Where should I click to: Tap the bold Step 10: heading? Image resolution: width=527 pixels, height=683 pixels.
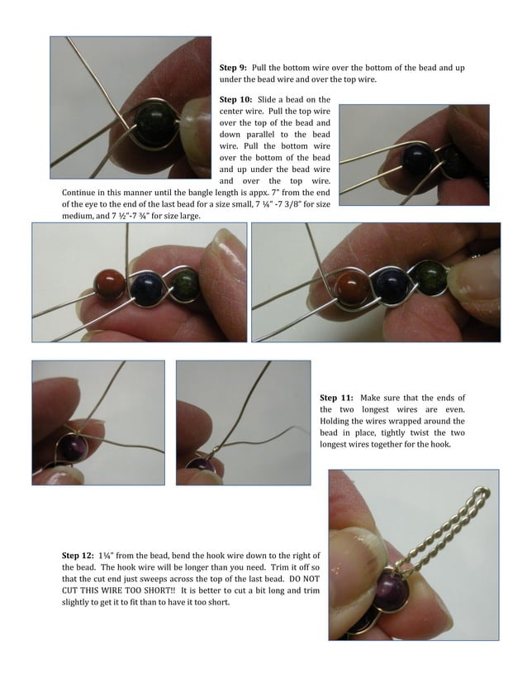point(237,99)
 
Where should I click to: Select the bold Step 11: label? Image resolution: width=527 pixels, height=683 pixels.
point(337,398)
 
